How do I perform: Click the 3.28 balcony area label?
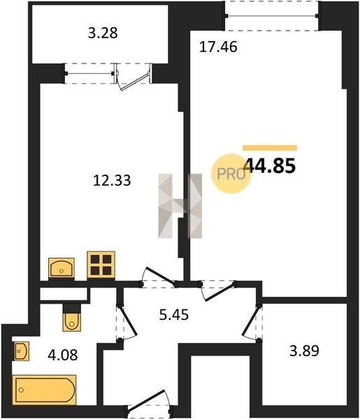pos(103,34)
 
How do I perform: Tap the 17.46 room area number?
pos(218,47)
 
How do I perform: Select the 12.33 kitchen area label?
pos(112,180)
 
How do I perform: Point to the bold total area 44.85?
pos(270,166)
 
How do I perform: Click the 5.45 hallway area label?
pos(174,314)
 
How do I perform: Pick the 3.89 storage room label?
pos(304,351)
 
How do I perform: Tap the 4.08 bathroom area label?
pos(63,355)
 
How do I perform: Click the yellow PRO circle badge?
pos(231,174)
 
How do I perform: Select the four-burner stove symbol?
pos(101,265)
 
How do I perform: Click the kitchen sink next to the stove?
pos(62,268)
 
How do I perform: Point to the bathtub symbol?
pos(44,390)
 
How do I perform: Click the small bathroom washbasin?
pos(21,351)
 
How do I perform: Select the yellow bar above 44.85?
pos(270,148)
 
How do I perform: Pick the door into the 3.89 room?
pos(252,323)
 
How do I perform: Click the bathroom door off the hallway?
pos(127,323)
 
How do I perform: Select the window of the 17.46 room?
pos(272,16)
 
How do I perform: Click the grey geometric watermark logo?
pos(180,206)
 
